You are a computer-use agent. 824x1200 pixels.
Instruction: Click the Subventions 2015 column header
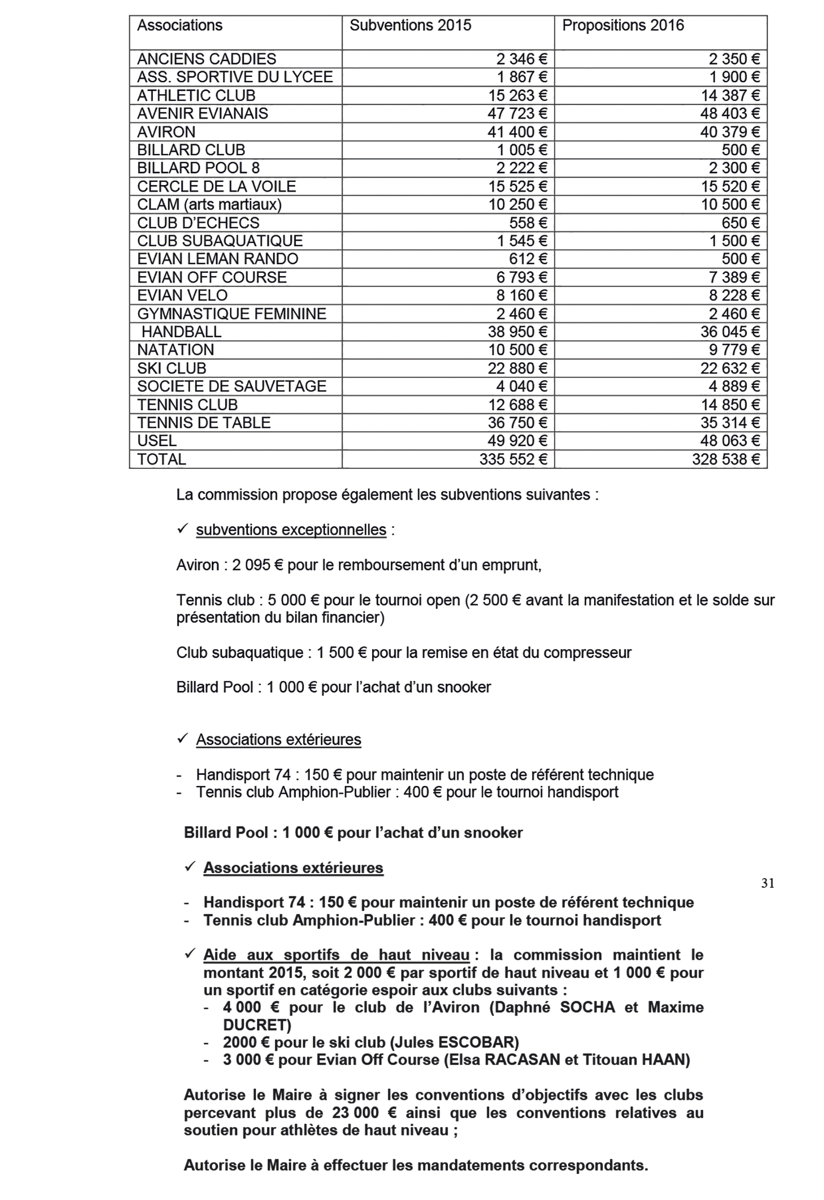410,26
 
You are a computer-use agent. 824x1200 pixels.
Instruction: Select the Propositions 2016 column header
623,26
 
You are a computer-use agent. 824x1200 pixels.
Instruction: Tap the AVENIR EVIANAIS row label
202,113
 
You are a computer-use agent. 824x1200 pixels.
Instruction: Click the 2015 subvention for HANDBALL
517,332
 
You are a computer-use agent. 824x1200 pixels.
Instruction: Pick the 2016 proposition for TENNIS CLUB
730,405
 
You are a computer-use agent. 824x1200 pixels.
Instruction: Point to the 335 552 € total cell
513,459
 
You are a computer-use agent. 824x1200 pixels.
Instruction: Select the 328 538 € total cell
726,459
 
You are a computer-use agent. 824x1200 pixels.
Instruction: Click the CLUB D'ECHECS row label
198,223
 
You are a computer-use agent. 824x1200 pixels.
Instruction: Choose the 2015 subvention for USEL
517,441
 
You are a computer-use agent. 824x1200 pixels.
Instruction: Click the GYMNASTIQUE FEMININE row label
231,314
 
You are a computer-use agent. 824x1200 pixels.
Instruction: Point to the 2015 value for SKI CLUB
517,369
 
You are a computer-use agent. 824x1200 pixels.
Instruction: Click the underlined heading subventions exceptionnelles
291,530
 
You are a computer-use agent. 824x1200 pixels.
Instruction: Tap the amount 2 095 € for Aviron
257,565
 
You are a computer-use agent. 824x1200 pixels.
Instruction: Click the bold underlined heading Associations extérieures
293,868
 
